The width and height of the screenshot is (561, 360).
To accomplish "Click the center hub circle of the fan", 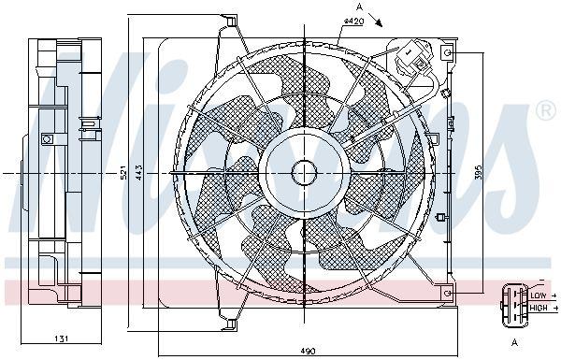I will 305,173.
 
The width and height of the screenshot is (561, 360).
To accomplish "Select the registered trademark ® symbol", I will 546,112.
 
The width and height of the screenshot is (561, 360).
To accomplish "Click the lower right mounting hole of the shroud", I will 448,294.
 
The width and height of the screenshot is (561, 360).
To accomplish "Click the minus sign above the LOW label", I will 539,281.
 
